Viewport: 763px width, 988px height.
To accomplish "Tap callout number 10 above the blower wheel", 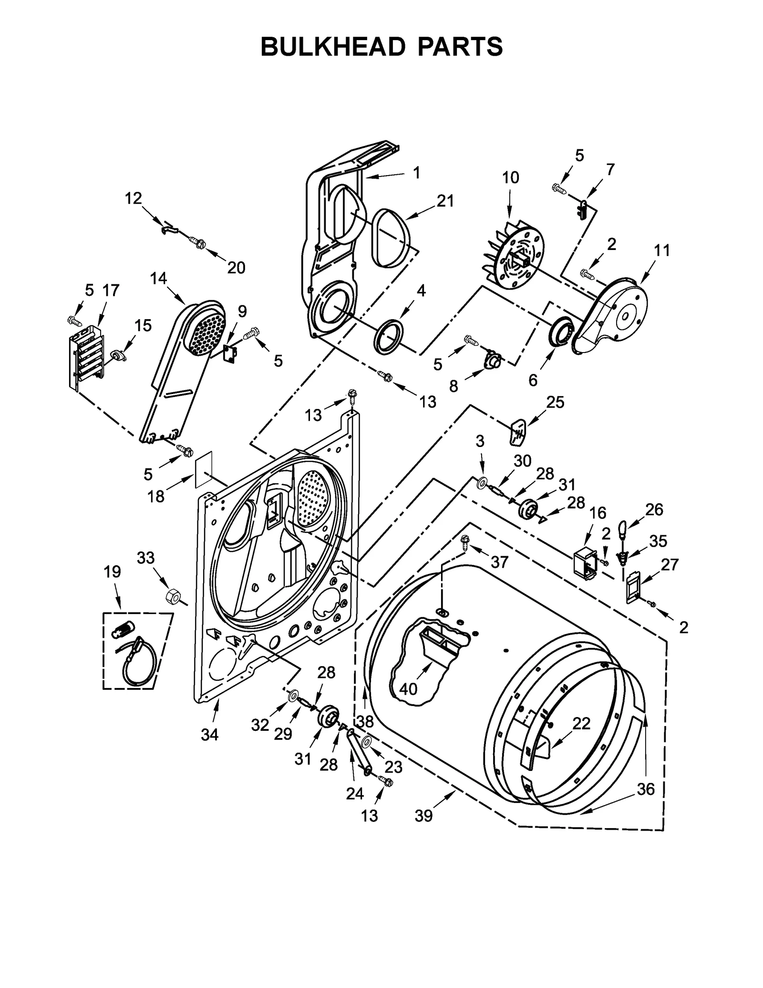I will tap(510, 177).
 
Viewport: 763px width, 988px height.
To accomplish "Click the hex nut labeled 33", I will tap(172, 596).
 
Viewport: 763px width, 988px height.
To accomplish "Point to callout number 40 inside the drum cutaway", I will tap(408, 688).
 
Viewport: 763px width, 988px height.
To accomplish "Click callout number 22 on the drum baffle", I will tap(581, 723).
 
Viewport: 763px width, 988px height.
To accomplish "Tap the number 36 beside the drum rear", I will tap(646, 789).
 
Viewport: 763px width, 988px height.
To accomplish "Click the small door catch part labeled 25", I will tap(517, 431).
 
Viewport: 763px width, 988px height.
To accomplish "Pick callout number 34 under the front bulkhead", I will tap(209, 735).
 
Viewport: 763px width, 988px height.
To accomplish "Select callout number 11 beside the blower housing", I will tap(661, 250).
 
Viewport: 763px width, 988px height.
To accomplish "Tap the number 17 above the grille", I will tap(111, 290).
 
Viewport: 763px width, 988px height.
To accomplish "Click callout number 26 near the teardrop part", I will tap(654, 509).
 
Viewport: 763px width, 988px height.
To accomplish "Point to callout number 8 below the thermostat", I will tap(453, 386).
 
